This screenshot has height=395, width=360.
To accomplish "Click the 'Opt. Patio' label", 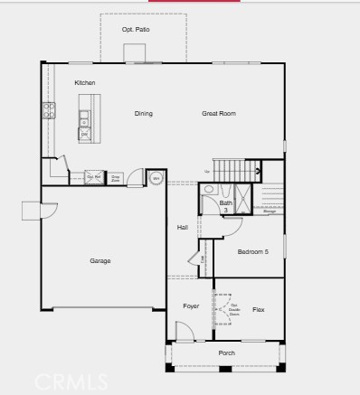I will pos(136,30).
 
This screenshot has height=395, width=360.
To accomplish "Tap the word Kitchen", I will pos(85,83).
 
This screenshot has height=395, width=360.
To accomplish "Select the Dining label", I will pos(143,114).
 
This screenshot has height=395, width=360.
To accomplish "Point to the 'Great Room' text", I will pos(218,114).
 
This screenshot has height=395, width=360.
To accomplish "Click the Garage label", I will pos(99,261).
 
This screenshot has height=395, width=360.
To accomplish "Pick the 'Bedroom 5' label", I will pos(252,251).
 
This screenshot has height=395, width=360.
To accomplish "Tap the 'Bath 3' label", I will pos(225,206).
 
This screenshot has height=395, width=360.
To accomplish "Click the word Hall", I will pos(182,227).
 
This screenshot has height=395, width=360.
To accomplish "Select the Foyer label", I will pos(191,306).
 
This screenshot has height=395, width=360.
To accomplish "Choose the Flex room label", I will pos(258,310).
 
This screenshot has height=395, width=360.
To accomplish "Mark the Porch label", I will pos(226,353).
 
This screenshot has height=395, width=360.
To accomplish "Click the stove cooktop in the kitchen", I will pos(48,110).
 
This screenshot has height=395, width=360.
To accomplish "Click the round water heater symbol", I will pos(156,178).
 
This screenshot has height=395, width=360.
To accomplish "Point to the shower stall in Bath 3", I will pos(243,197).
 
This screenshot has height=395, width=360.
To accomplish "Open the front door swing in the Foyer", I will pos(184,332).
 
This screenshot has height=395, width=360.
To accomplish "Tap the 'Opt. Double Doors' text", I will pos(233,309).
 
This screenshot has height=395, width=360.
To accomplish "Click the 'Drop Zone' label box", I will pos(116,178).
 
